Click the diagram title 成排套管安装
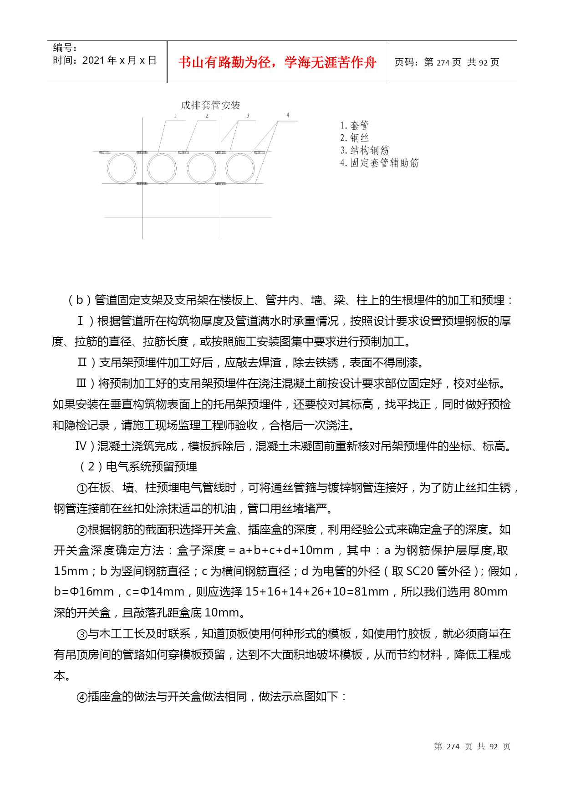(210, 106)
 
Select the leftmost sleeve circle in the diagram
(122, 168)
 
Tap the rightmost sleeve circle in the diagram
(240, 168)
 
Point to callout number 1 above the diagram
(175, 116)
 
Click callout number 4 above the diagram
(288, 115)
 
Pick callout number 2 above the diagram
(207, 116)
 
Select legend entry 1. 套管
(354, 125)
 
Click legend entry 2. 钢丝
(354, 138)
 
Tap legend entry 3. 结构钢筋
(364, 150)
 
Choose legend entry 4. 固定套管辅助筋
(379, 163)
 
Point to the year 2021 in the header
(93, 61)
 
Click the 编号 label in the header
(64, 47)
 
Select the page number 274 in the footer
(453, 747)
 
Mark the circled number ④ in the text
(82, 697)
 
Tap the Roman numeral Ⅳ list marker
(81, 446)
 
